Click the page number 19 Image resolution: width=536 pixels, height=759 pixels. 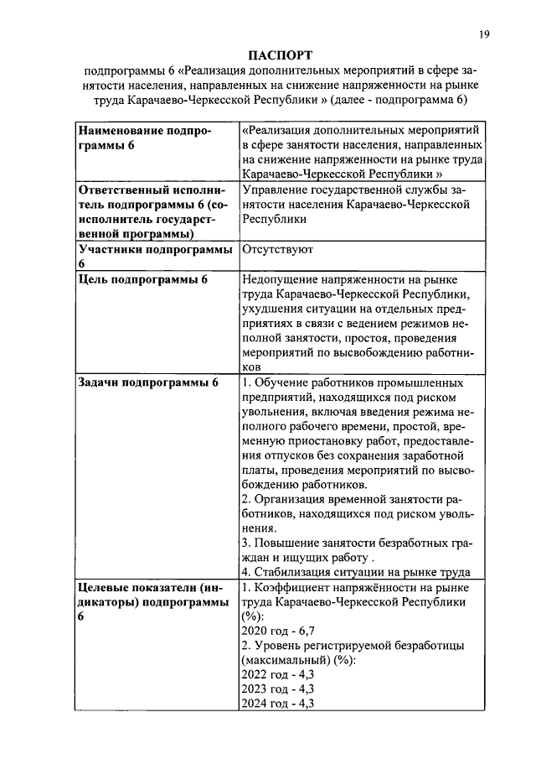pos(484,34)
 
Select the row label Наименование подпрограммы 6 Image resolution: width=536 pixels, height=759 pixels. pos(144,138)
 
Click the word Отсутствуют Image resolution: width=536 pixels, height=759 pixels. pos(276,249)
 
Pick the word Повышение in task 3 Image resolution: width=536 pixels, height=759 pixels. pos(286,543)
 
